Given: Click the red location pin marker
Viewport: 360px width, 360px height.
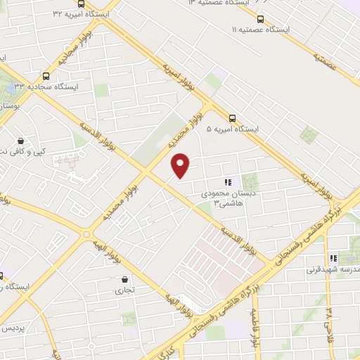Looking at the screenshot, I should (x=181, y=165).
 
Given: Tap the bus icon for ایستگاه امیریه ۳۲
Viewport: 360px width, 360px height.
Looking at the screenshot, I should (x=80, y=4).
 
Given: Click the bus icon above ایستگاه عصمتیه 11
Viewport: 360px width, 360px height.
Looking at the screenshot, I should (x=261, y=19).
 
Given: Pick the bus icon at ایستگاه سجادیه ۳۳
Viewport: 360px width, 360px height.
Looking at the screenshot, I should (x=46, y=75).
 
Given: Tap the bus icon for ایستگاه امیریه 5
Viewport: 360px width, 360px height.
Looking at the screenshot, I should (x=233, y=118).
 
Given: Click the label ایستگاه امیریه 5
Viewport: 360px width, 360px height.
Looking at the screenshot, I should (x=233, y=129).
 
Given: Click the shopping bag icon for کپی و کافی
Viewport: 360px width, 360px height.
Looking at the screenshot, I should (x=21, y=141).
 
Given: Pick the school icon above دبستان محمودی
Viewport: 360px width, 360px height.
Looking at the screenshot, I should (x=227, y=183).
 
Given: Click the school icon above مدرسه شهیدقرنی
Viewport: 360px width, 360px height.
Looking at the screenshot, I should (x=334, y=258).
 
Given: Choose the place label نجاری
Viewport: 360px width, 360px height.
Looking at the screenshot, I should (x=124, y=290).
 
